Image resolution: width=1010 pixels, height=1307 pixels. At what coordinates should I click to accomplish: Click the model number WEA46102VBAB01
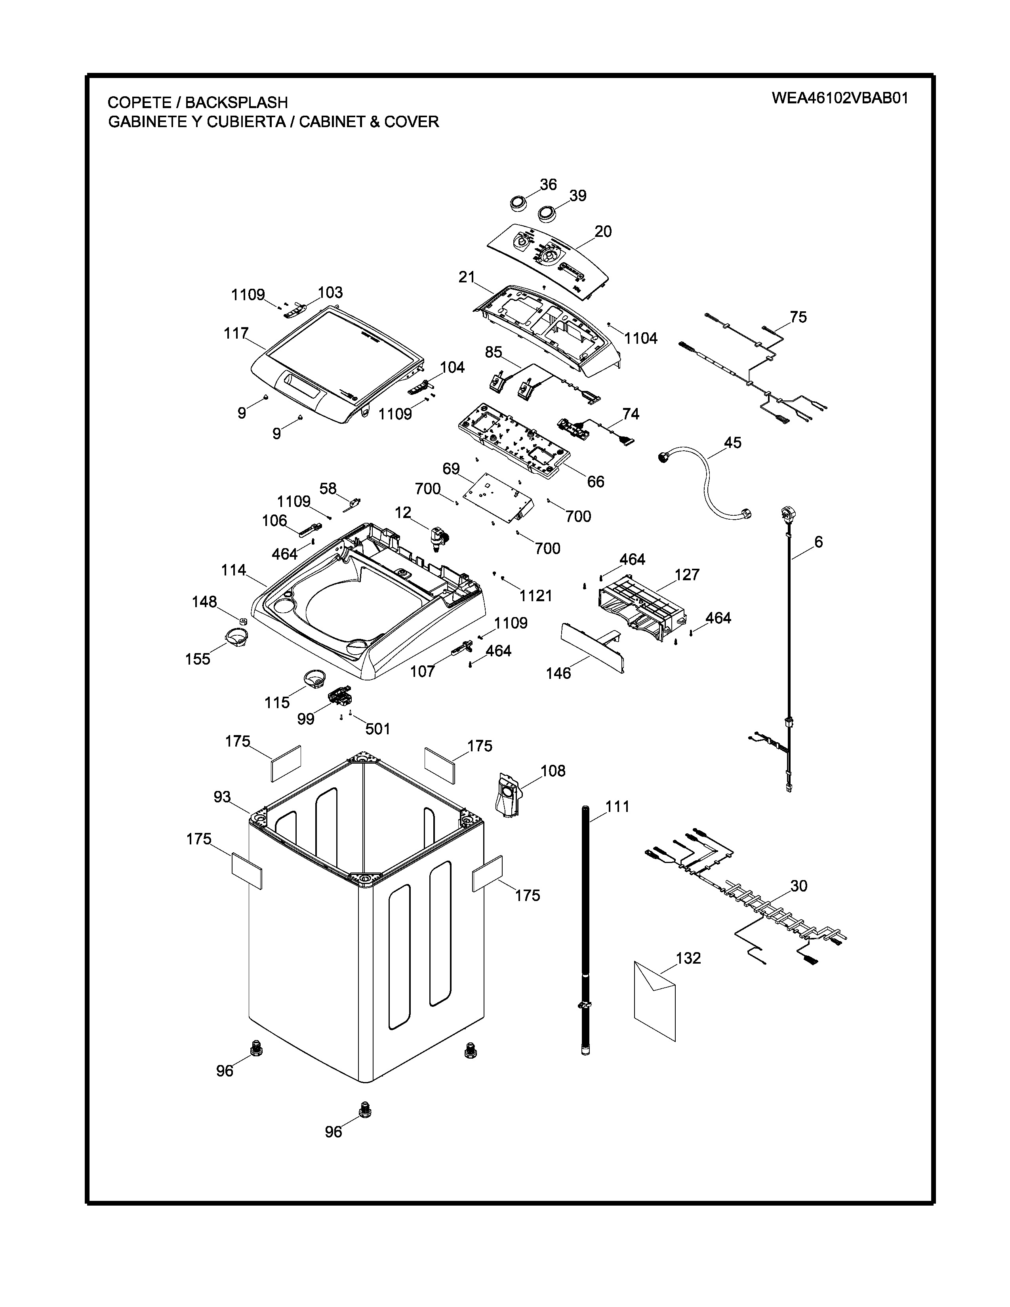839,98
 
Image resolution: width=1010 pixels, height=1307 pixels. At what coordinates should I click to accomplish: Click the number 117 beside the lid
236,333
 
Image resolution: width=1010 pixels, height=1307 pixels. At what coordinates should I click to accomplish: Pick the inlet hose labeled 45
706,479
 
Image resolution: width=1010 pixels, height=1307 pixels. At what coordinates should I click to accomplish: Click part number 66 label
595,481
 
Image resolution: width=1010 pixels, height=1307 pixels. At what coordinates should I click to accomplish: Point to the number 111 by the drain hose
617,807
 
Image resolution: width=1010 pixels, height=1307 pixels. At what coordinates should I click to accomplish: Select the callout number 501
377,728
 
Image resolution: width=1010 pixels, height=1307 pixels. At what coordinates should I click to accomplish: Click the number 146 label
558,673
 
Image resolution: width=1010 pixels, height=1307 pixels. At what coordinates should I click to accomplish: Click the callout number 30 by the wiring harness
799,886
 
